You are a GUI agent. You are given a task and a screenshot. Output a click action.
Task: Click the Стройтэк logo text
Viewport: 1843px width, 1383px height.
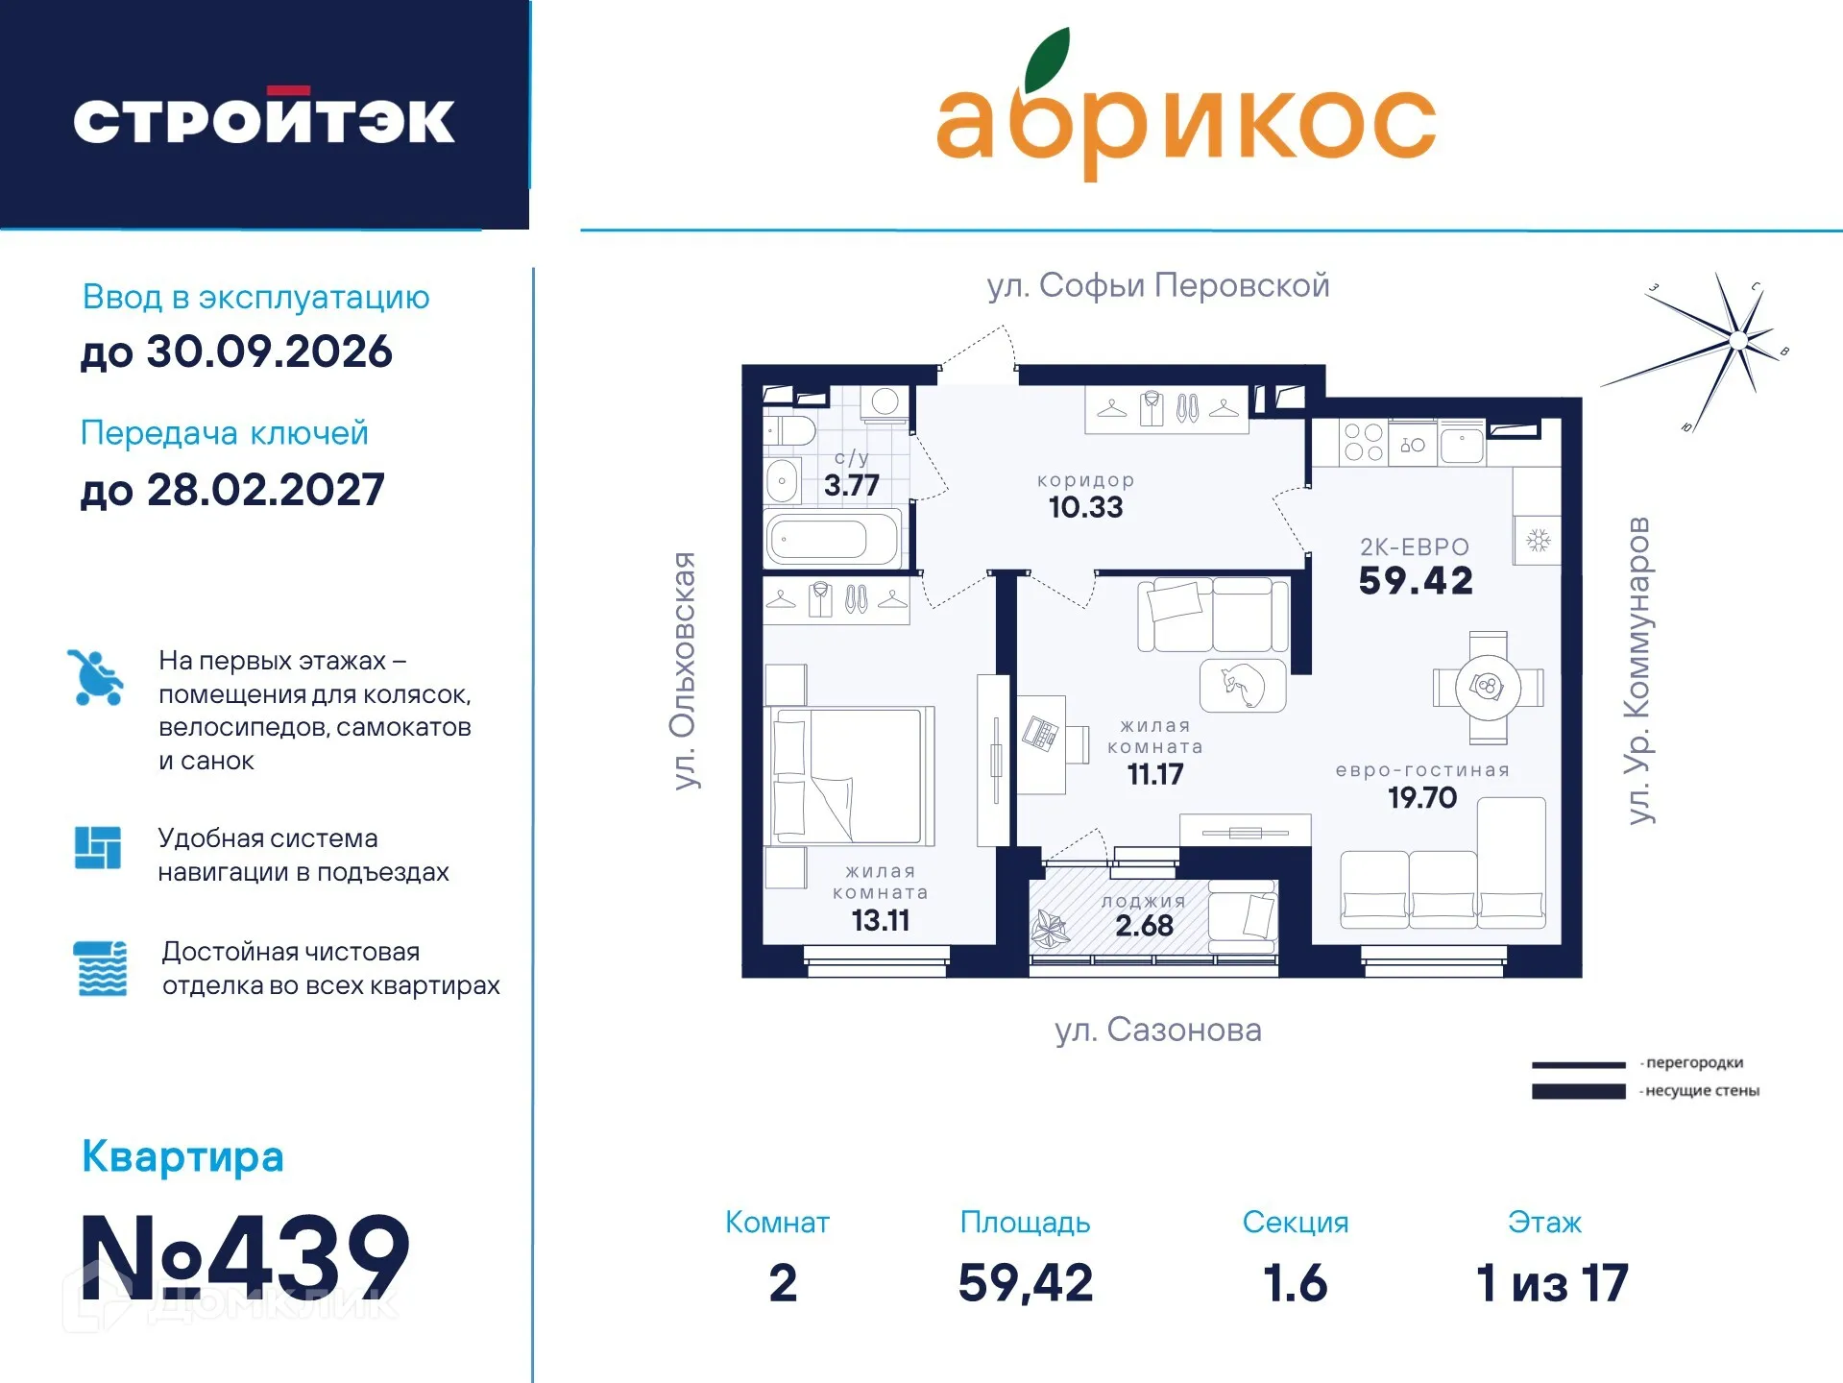[x=264, y=121]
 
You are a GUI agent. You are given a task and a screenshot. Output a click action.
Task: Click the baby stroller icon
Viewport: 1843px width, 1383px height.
[x=96, y=677]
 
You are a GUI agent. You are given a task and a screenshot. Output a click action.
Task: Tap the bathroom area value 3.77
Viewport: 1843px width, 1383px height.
[x=851, y=485]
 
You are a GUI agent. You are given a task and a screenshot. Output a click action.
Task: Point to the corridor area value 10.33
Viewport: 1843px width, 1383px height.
[x=1085, y=506]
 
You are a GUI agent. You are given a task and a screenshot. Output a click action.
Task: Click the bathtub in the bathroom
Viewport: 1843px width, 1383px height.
[x=832, y=540]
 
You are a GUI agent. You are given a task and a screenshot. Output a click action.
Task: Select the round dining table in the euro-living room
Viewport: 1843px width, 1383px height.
[x=1488, y=687]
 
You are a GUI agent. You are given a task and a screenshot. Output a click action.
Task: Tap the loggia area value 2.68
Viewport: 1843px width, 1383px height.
[x=1144, y=925]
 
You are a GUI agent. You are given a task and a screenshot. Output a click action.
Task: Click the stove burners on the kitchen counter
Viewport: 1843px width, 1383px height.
[x=1363, y=443]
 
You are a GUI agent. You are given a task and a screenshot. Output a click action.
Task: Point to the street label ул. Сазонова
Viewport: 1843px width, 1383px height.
[x=1158, y=1030]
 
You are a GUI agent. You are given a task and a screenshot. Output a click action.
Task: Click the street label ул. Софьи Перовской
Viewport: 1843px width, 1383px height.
[x=1158, y=285]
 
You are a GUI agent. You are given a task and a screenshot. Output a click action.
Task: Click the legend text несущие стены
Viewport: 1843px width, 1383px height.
[x=1702, y=1091]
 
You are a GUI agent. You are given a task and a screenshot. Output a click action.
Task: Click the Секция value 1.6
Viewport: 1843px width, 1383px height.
[x=1295, y=1283]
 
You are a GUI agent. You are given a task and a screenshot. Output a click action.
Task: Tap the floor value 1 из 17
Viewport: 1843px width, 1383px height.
[x=1552, y=1283]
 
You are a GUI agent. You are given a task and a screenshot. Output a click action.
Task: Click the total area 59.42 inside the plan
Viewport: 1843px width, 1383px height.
[x=1416, y=580]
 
